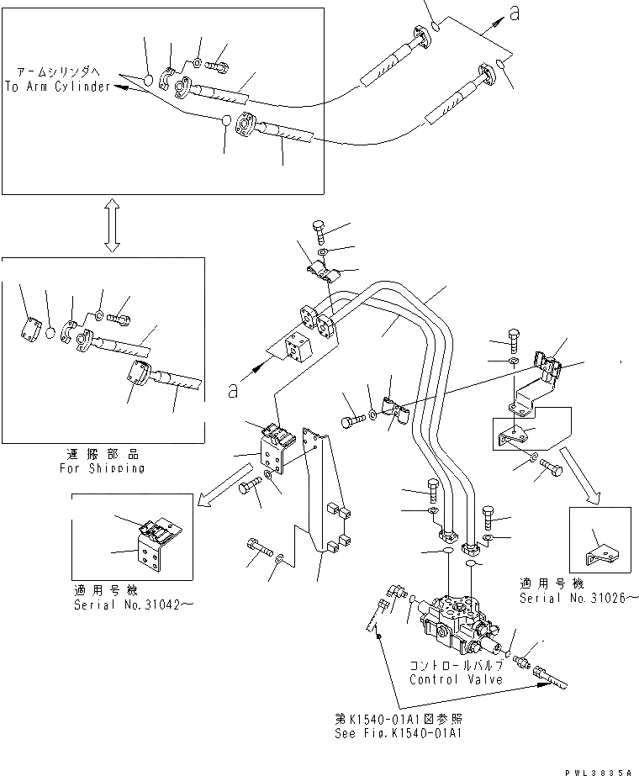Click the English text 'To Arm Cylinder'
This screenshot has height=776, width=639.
tap(57, 87)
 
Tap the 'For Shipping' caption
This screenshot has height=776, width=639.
tap(103, 467)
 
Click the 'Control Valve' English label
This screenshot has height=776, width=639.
tap(456, 679)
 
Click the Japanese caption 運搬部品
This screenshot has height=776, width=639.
tap(103, 454)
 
